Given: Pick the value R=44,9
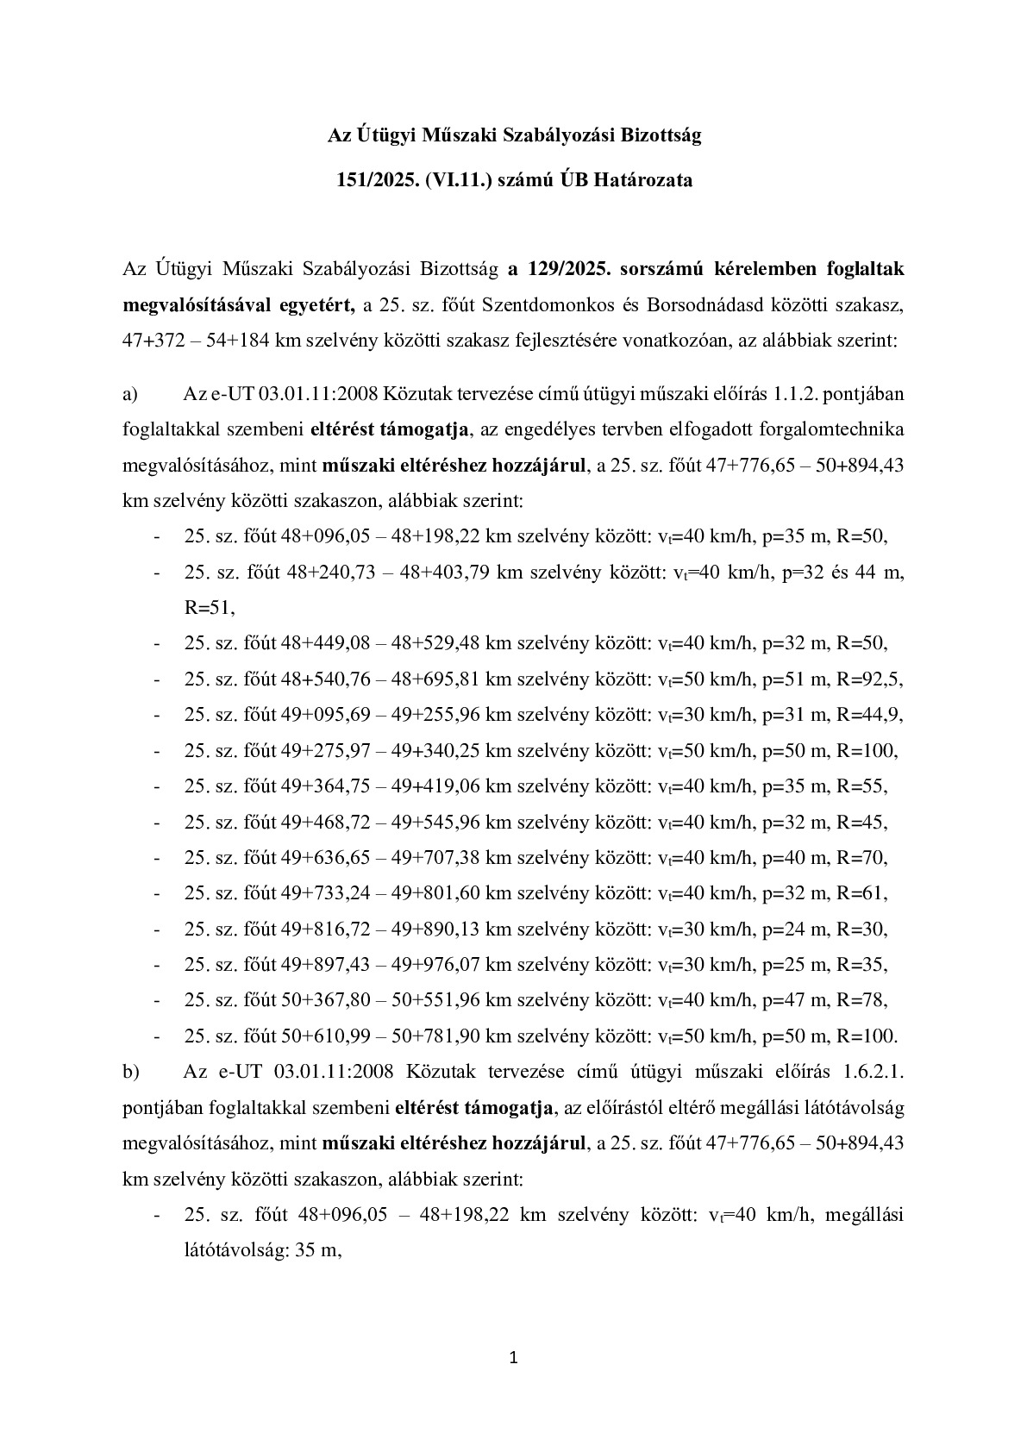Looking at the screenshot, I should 870,715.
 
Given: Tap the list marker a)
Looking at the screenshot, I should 131,395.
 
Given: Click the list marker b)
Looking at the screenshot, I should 131,1072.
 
